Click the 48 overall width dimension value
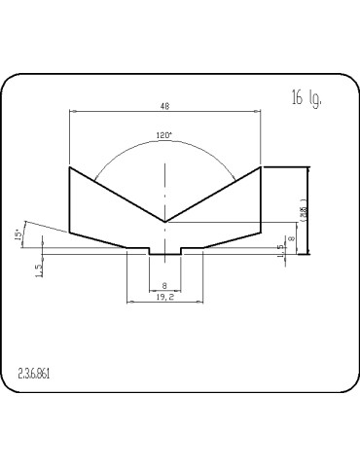click(x=165, y=106)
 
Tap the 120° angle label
click(x=163, y=135)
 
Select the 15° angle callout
click(x=18, y=234)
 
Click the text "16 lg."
click(x=306, y=98)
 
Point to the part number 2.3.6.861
click(x=34, y=374)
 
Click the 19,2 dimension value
click(x=165, y=297)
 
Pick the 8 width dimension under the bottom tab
click(x=164, y=286)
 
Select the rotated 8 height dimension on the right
click(x=292, y=238)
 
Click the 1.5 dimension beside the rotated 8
click(x=281, y=251)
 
